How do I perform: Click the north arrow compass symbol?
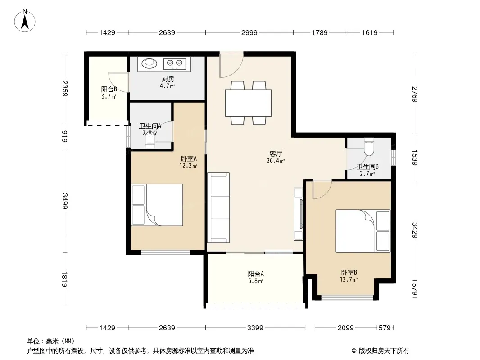click(25, 21)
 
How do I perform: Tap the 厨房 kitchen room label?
click(168, 79)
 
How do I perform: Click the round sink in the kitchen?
click(149, 63)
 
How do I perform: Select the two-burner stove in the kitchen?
click(175, 63)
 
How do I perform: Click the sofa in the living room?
click(218, 208)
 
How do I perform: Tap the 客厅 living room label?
click(276, 153)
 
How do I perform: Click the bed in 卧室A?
click(157, 205)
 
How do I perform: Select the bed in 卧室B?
click(363, 231)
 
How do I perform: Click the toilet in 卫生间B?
click(369, 147)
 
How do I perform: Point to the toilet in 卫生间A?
click(150, 141)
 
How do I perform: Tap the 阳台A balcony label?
click(256, 274)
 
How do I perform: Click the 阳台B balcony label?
click(109, 89)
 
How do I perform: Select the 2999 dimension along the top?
click(249, 32)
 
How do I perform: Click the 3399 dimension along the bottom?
click(255, 328)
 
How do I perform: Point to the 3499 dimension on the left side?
click(64, 201)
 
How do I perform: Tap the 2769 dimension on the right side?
click(415, 94)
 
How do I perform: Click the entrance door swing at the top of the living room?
click(231, 65)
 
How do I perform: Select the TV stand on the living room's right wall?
click(299, 214)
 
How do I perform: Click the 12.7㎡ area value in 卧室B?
click(349, 279)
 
